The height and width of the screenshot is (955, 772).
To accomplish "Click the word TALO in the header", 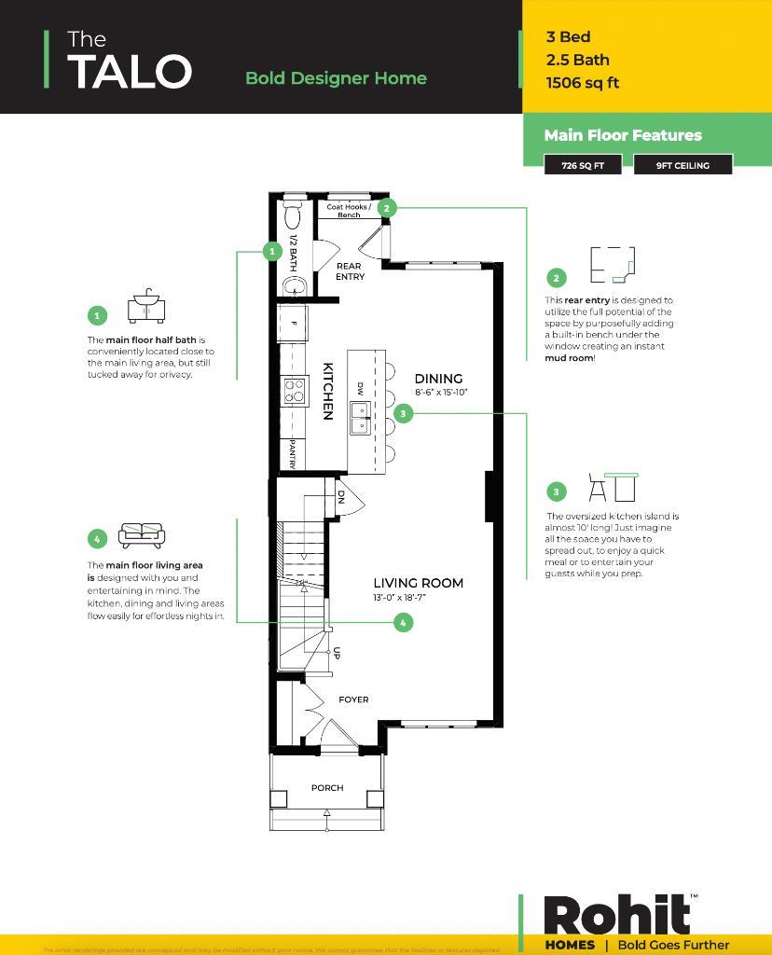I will point(130,72).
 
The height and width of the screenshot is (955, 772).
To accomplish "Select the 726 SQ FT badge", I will point(583,165).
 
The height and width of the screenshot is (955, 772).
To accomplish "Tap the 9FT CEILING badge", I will point(682,165).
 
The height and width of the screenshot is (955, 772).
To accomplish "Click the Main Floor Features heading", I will point(623,135).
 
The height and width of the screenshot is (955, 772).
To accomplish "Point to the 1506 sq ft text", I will point(583,83).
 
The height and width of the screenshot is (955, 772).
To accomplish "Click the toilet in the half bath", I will point(293,216).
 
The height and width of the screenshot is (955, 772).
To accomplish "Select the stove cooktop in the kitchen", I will point(295,390).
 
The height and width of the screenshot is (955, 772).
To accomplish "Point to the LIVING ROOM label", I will point(418,584).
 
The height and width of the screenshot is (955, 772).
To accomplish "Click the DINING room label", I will point(438,379).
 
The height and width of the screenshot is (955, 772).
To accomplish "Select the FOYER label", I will point(353,699).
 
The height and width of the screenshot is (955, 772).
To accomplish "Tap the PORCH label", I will point(327,788).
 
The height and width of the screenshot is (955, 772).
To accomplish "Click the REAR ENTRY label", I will point(350,271).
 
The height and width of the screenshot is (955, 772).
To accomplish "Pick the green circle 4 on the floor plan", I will point(403,622).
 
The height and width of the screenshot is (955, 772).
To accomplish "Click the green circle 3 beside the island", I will point(403,412).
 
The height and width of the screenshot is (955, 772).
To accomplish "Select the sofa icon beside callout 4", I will point(141,535).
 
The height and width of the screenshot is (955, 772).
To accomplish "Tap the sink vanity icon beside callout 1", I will point(145,307).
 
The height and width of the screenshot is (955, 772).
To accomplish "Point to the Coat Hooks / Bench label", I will point(349,211).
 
